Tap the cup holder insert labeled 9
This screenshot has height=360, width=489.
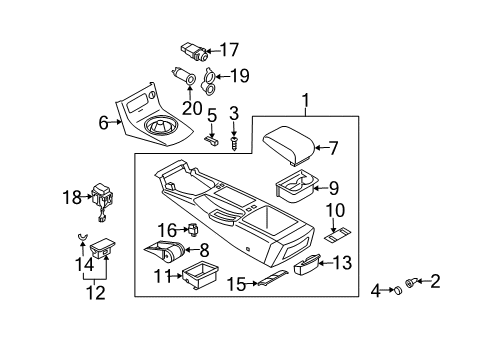[296, 185]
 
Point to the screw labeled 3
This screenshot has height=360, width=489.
[233, 144]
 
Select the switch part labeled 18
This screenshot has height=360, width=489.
[101, 197]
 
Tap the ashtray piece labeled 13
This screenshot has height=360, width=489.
[307, 264]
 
